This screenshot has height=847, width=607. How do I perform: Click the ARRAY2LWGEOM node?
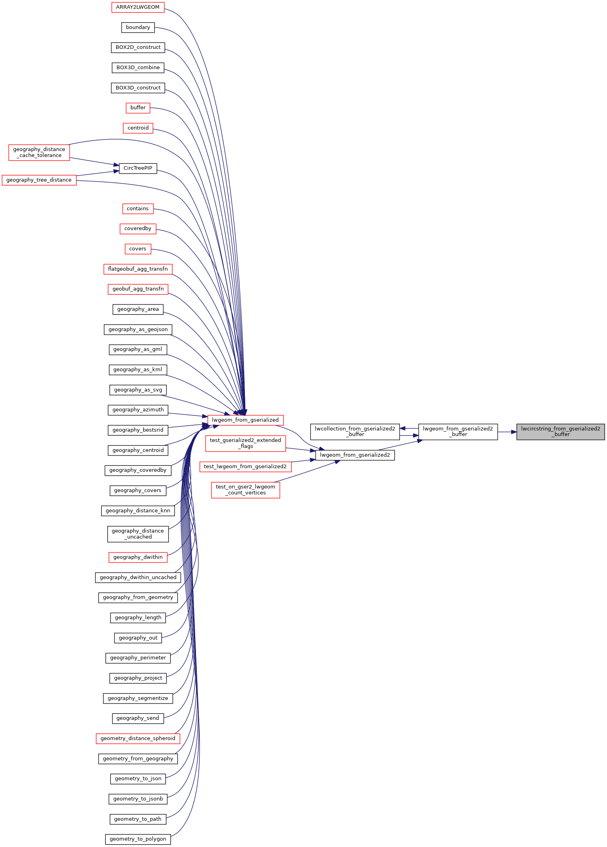pos(138,7)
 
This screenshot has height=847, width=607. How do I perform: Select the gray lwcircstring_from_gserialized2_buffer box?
pos(560,432)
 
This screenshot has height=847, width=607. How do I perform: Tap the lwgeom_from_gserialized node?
pos(245,420)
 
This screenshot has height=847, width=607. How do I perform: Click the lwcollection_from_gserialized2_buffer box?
pos(355,432)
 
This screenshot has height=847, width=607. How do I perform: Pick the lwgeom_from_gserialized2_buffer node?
pos(458,432)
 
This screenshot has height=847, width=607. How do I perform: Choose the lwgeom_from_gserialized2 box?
pos(355,455)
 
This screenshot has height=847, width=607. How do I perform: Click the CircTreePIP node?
pos(138,168)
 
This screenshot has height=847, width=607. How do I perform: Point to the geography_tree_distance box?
pos(39,180)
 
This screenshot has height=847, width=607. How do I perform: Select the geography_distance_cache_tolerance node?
pos(39,153)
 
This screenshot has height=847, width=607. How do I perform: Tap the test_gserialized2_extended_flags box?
pos(245,443)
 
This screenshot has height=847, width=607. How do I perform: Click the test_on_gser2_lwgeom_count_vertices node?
pos(245,490)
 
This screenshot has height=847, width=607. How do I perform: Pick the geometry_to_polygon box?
pos(138,839)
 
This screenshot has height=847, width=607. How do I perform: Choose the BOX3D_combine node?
pos(138,68)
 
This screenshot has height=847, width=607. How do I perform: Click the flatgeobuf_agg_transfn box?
pos(138,269)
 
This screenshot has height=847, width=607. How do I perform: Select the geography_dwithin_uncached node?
pos(138,577)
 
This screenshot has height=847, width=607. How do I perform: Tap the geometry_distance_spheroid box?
pos(138,738)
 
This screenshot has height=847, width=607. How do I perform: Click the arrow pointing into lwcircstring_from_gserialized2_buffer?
pos(513,432)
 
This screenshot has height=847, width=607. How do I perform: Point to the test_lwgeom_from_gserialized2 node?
pos(245,467)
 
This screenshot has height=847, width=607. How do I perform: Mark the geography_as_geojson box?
pos(138,329)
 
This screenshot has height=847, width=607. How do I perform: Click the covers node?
pos(138,249)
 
